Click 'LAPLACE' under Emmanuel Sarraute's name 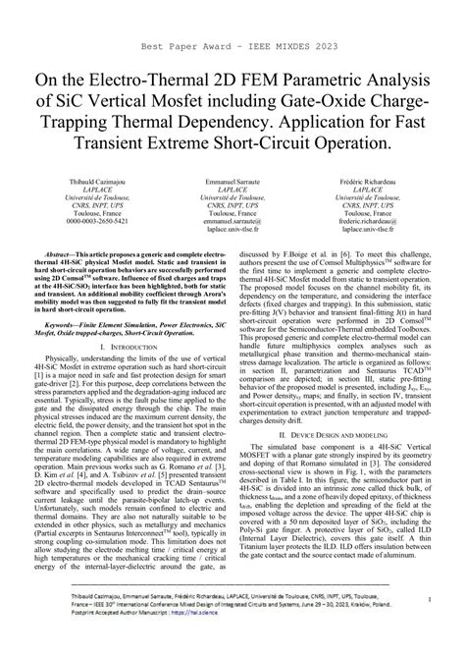point(232,191)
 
